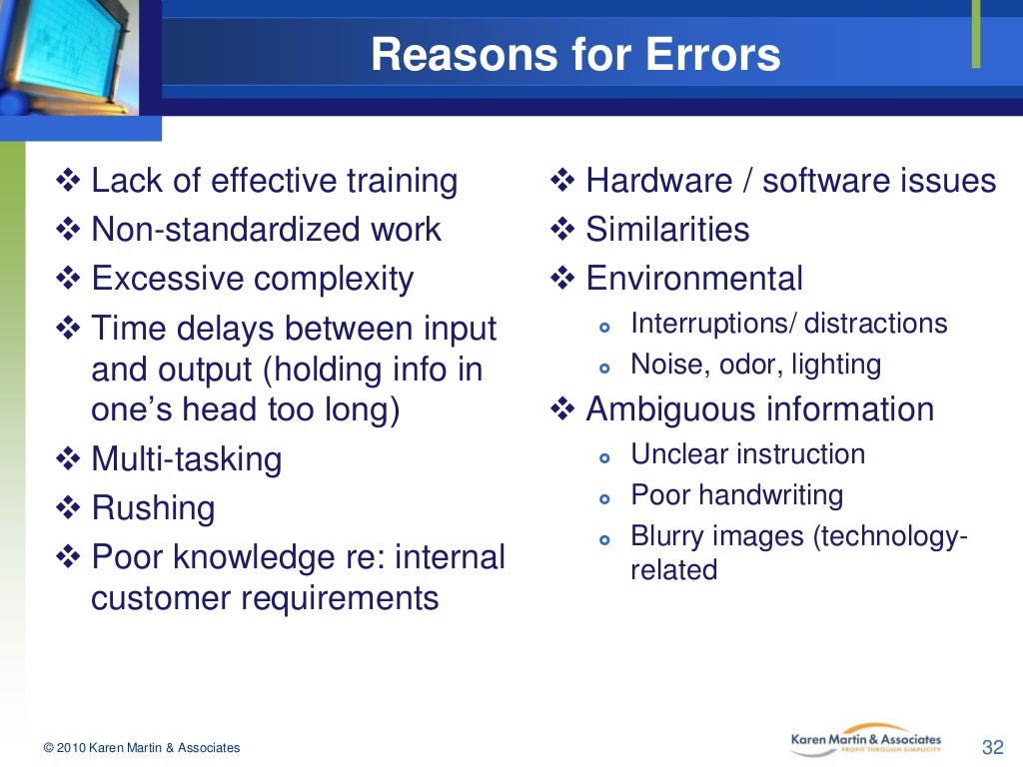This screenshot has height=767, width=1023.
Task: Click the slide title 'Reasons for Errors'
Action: [x=575, y=55]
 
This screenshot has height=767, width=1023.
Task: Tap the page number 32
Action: [x=992, y=747]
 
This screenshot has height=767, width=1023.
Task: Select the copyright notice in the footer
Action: [x=142, y=748]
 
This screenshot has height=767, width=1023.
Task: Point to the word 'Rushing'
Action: [x=153, y=508]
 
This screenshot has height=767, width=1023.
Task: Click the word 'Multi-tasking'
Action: [x=186, y=459]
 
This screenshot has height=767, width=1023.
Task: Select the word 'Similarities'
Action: [x=666, y=230]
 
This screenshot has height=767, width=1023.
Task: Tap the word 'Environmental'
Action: [x=693, y=279]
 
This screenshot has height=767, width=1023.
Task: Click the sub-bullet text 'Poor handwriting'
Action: [x=736, y=495]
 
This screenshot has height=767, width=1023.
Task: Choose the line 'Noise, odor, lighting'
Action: [x=755, y=365]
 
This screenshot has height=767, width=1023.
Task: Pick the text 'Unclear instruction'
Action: [x=747, y=454]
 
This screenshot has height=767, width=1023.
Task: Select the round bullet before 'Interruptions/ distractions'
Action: [x=602, y=326]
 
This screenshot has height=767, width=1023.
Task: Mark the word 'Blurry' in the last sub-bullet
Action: [x=663, y=536]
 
